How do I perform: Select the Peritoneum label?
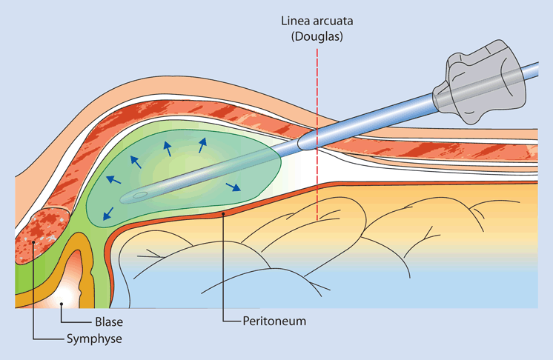[274, 322]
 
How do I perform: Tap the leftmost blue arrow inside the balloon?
[112, 179]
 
